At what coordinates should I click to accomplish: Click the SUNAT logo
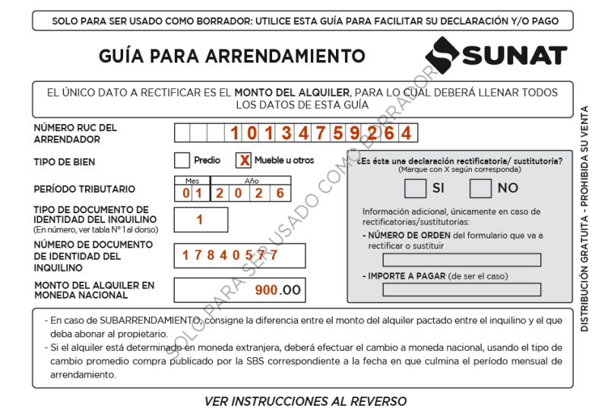(496, 56)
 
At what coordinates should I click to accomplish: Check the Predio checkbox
(182, 161)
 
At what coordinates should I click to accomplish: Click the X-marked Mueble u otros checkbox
(243, 161)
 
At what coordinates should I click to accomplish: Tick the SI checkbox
(415, 187)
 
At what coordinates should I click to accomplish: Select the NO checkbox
(480, 187)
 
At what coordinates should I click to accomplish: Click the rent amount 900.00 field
(239, 290)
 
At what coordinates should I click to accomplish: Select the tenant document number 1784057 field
(239, 255)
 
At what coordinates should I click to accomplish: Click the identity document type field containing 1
(201, 220)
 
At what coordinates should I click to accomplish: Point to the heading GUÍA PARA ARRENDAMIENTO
(232, 56)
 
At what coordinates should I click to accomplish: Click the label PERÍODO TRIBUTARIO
(84, 189)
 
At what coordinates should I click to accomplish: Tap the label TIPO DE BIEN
(65, 162)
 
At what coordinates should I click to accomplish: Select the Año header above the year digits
(251, 180)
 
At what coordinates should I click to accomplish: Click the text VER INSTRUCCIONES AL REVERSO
(306, 401)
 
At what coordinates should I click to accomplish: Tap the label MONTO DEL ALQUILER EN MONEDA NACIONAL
(94, 290)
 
